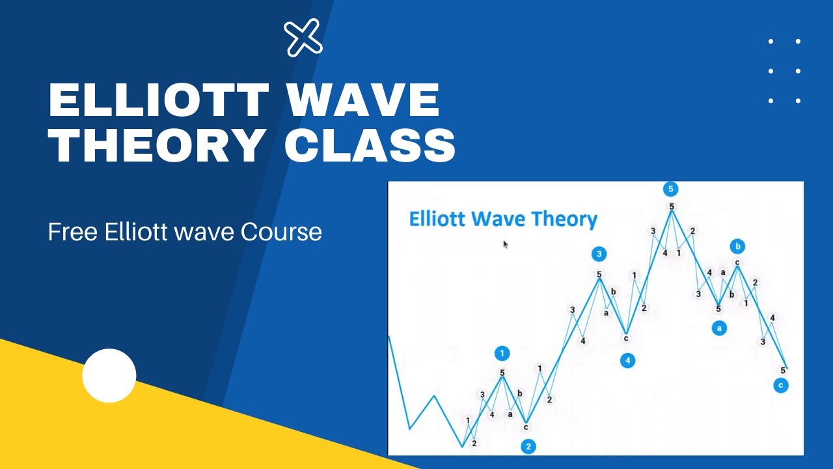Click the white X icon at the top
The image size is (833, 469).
(x=304, y=37)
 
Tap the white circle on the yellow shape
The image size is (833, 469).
(x=109, y=376)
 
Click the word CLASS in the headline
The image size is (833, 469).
(x=370, y=145)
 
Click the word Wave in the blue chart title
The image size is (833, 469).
(x=501, y=219)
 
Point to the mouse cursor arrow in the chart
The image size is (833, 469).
(x=506, y=244)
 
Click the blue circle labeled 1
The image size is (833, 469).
(x=502, y=354)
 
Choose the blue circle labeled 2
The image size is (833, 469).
(x=528, y=446)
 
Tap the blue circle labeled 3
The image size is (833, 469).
(x=599, y=254)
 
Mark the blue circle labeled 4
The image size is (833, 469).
(x=627, y=360)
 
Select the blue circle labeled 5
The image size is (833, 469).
(x=670, y=189)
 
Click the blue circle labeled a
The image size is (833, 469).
(x=719, y=328)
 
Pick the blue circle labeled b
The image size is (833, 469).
(x=737, y=246)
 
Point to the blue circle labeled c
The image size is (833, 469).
(x=781, y=386)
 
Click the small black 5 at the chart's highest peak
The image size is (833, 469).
(x=671, y=207)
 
